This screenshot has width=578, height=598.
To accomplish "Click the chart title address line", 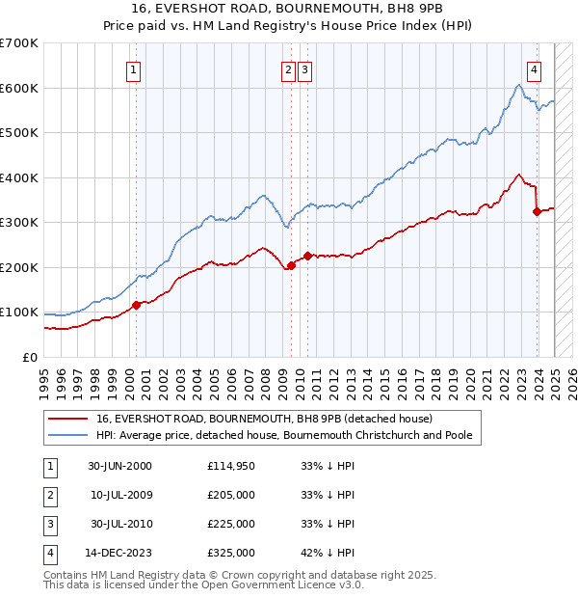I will pyautogui.click(x=289, y=11).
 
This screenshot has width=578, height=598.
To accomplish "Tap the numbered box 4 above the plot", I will pyautogui.click(x=534, y=68).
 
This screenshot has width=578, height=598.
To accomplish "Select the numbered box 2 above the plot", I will pyautogui.click(x=288, y=68).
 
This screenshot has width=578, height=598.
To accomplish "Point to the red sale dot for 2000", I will pyautogui.click(x=136, y=305).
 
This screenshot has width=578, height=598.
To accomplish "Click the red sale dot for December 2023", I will pyautogui.click(x=537, y=212).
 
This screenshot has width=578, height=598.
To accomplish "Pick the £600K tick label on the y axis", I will pyautogui.click(x=19, y=88).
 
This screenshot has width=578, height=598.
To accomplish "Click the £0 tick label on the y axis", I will pyautogui.click(x=30, y=357).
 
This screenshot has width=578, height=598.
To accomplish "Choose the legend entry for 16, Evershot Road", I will pyautogui.click(x=265, y=419).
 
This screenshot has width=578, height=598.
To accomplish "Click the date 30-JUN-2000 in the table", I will pyautogui.click(x=119, y=466).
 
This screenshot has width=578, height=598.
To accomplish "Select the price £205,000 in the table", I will pyautogui.click(x=231, y=495).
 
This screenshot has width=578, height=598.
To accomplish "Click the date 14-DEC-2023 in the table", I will pyautogui.click(x=119, y=553).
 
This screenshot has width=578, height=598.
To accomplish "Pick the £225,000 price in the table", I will pyautogui.click(x=231, y=524).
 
